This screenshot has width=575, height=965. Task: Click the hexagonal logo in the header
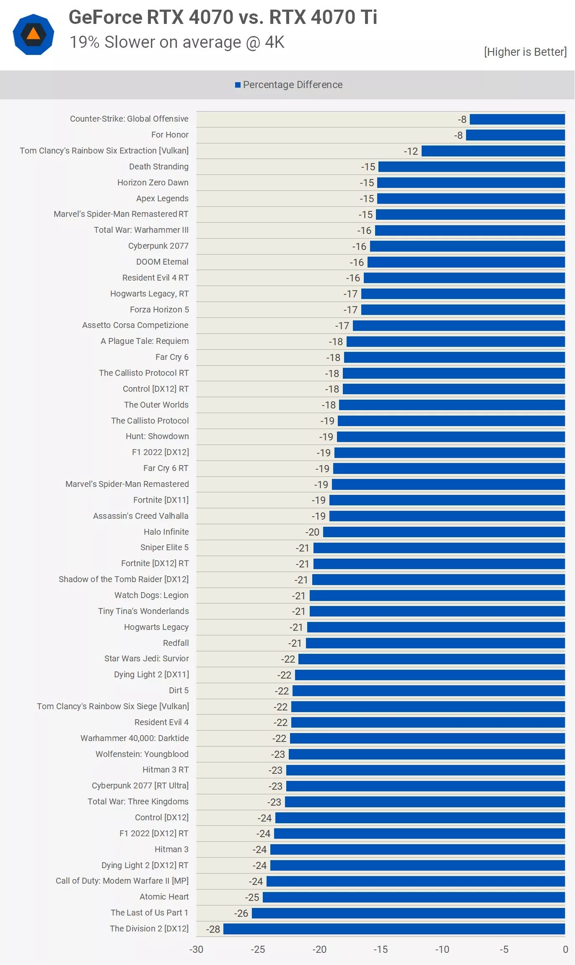click(x=34, y=34)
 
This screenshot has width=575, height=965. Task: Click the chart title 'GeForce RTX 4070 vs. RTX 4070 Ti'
click(x=223, y=17)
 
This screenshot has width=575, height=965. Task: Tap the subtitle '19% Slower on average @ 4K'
click(x=177, y=42)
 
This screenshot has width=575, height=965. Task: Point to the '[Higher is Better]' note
click(x=525, y=52)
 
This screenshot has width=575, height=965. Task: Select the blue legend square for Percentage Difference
click(x=238, y=85)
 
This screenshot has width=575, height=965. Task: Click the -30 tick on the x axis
click(x=196, y=949)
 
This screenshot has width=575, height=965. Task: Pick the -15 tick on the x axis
click(x=381, y=949)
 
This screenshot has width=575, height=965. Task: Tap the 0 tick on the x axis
click(x=565, y=949)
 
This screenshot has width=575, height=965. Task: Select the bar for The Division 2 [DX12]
click(x=394, y=929)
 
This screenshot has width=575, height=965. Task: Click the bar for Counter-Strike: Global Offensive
click(x=517, y=120)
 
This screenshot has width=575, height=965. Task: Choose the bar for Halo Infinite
click(x=444, y=532)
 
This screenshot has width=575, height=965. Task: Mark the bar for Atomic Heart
click(x=414, y=897)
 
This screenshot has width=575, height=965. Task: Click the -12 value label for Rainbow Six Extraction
click(x=411, y=151)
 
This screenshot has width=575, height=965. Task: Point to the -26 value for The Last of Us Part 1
click(x=241, y=913)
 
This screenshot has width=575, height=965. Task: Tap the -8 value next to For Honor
click(x=458, y=135)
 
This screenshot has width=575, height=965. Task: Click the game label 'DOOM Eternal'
click(x=162, y=262)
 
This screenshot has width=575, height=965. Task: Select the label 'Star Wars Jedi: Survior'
click(x=146, y=658)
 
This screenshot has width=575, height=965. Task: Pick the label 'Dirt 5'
click(x=179, y=690)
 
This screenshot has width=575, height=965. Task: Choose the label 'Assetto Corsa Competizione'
click(x=135, y=325)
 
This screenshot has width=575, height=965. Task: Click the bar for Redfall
click(x=435, y=643)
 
